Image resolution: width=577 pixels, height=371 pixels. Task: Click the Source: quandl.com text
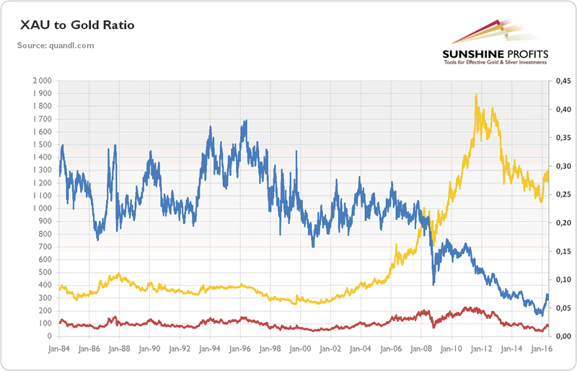click(56, 46)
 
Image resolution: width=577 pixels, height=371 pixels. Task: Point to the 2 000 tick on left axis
click(43, 81)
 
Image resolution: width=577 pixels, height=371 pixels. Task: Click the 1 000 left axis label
click(43, 209)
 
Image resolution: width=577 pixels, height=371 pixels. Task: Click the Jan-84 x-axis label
click(59, 348)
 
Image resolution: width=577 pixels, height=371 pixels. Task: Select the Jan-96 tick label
click(240, 348)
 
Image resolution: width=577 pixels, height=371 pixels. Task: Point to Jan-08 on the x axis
click(420, 348)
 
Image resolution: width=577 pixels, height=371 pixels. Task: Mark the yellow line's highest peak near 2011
click(476, 95)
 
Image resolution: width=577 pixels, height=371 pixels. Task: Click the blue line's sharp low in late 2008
click(433, 284)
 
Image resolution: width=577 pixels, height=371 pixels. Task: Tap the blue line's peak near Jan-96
click(245, 121)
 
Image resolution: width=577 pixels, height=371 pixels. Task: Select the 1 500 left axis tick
click(43, 145)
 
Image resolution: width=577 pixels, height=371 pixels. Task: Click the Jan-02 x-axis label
click(330, 348)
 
